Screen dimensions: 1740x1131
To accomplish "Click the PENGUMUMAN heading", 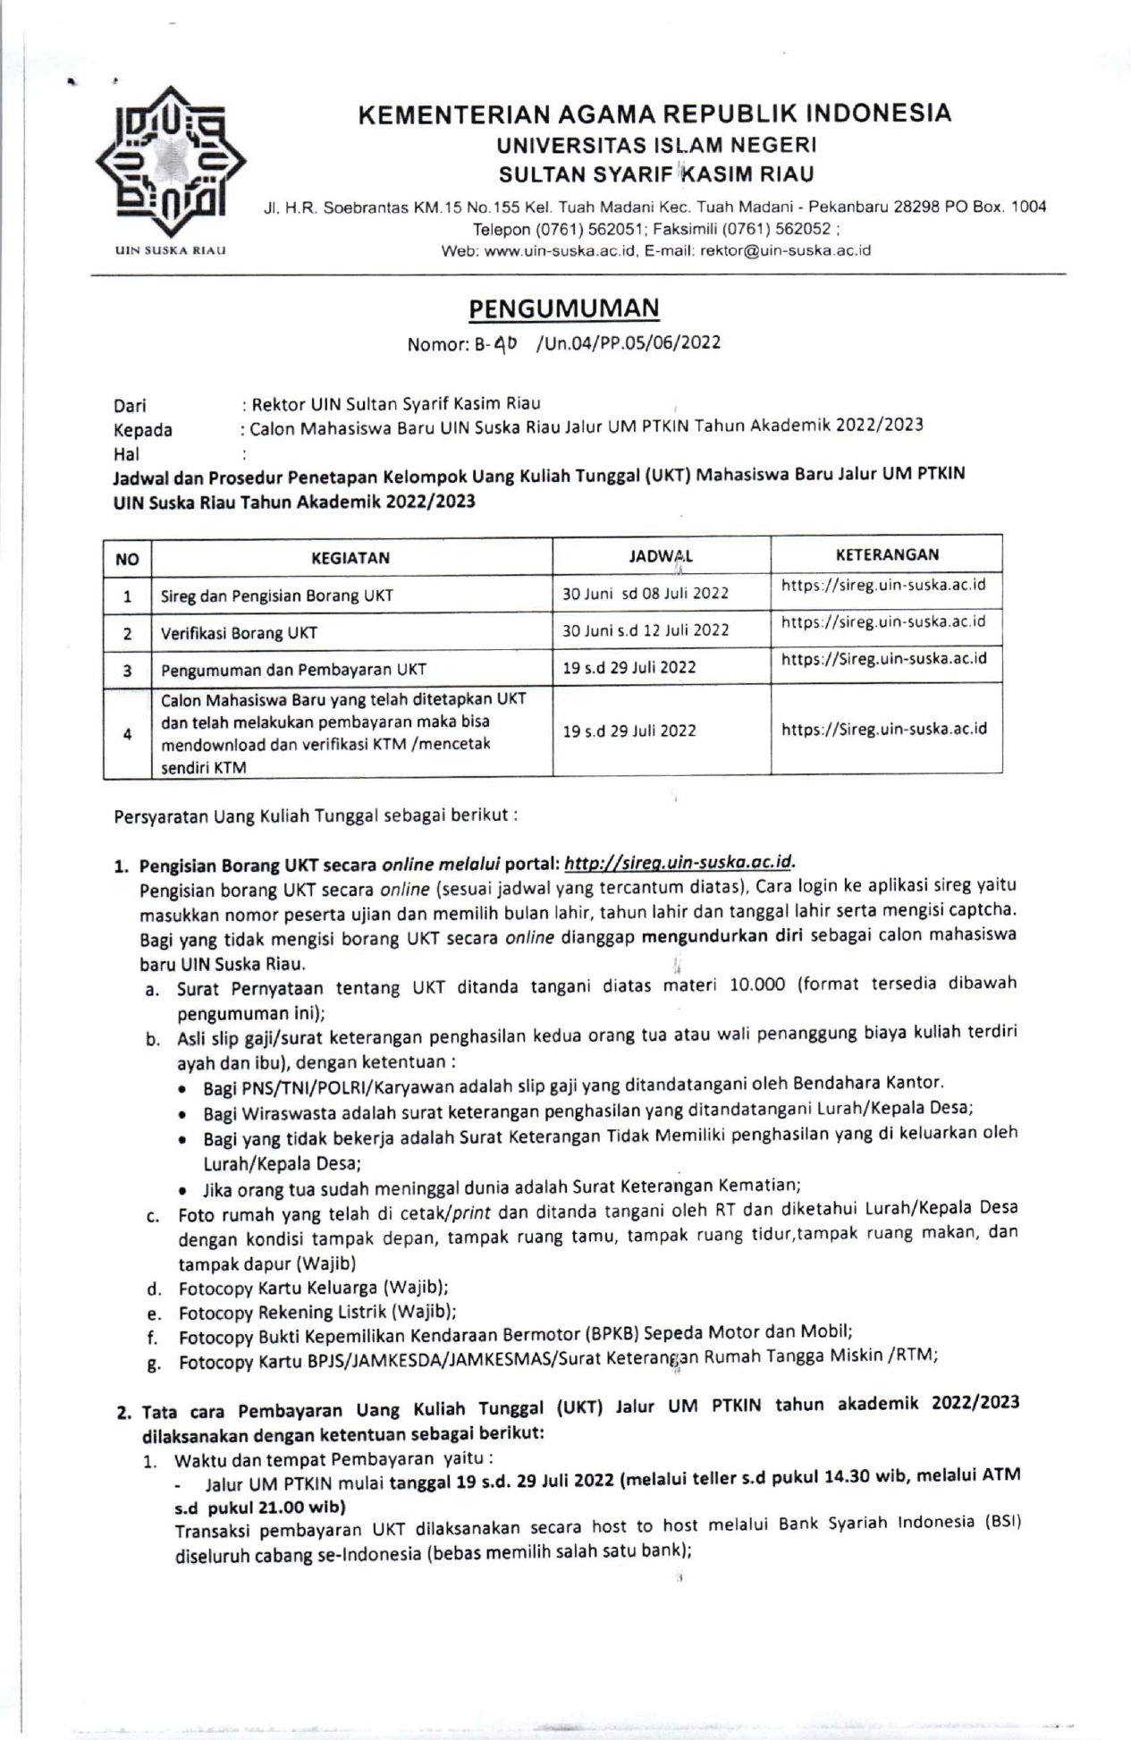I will point(564,308).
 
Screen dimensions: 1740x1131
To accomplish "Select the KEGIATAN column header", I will point(350,558).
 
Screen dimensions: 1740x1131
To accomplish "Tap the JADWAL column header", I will point(661,556).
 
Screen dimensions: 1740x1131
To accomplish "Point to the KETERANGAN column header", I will point(887,554).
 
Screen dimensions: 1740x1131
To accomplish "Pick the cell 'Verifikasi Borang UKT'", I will point(239,633).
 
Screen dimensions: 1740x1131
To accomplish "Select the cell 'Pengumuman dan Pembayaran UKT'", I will point(293,670).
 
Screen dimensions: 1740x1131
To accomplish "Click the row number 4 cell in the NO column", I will point(128,733).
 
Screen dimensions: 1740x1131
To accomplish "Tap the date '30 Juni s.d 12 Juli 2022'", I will point(646,629).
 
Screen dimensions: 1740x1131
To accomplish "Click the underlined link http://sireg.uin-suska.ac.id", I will point(679,863).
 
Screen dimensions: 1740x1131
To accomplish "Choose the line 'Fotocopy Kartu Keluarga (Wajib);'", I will point(313,1288).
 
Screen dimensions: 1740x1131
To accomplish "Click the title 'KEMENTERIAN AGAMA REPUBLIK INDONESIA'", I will point(654,114).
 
